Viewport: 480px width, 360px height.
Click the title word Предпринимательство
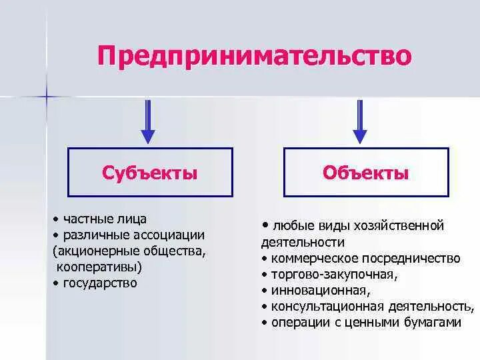[254, 55]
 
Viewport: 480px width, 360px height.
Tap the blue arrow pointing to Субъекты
[148, 121]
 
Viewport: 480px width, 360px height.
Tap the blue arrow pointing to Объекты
[360, 121]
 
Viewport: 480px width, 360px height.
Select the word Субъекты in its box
[150, 173]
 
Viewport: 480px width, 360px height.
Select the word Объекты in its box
[365, 173]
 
